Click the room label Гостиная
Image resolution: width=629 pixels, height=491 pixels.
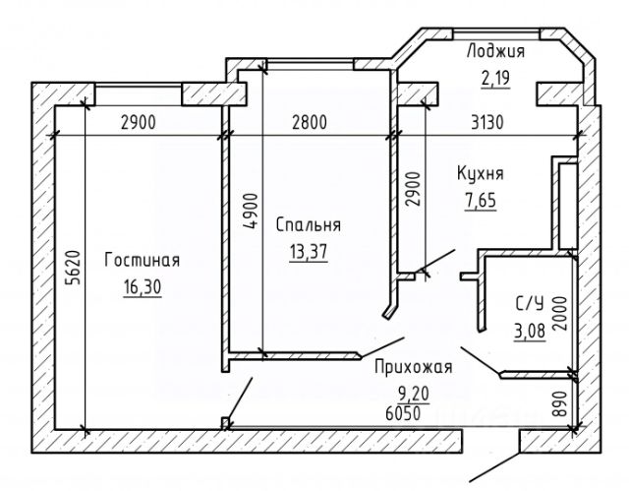coord(142,261)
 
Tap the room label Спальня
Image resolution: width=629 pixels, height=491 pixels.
coord(309,223)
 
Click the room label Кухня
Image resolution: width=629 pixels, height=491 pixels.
coord(481,174)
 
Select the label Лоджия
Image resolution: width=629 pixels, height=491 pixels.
coord(494,52)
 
